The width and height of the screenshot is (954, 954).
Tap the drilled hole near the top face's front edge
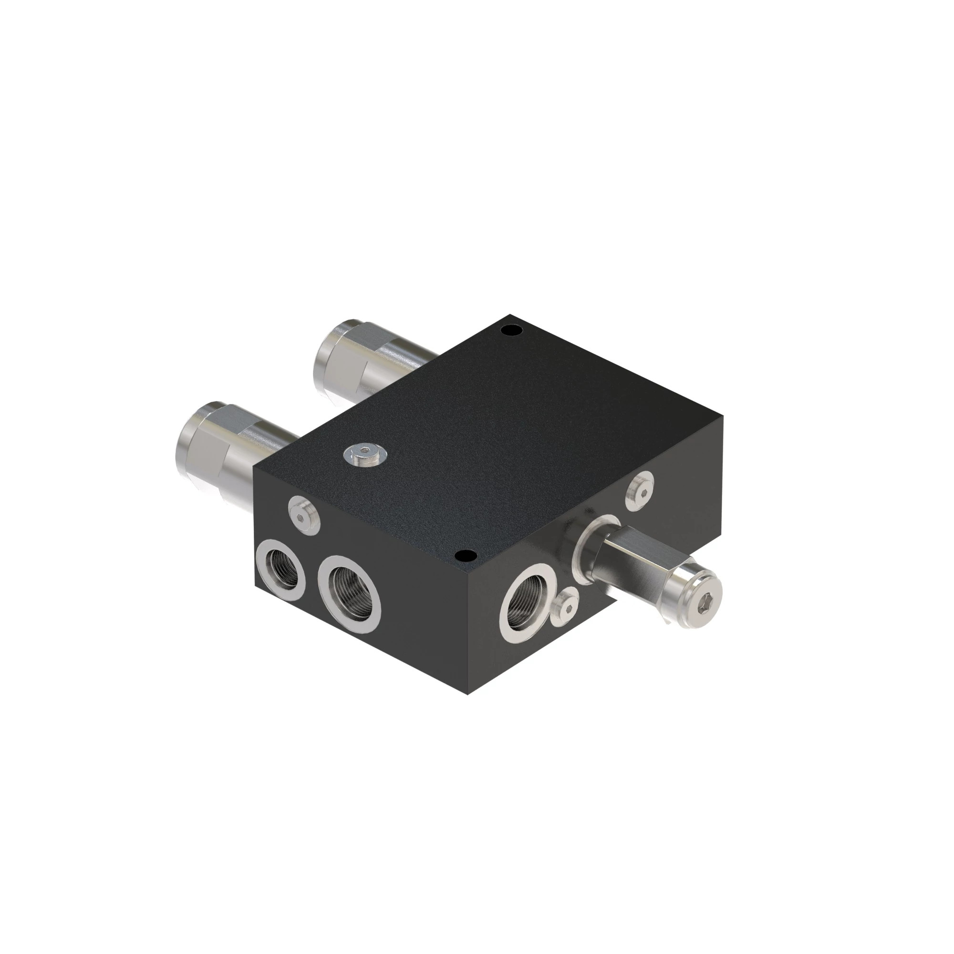pos(464,557)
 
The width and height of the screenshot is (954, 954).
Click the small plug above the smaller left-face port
pos(303,515)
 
